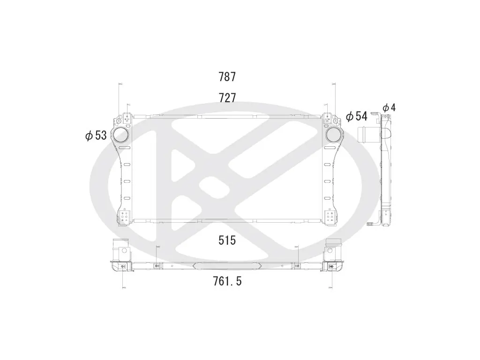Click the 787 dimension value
227,76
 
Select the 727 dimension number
227,98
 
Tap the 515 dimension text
227,240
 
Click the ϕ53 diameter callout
96,136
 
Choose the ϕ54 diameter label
356,116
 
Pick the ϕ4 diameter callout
389,108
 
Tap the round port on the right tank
334,135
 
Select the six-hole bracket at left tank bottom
125,216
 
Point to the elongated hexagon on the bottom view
227,266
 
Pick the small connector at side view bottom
373,224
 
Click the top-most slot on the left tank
125,148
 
